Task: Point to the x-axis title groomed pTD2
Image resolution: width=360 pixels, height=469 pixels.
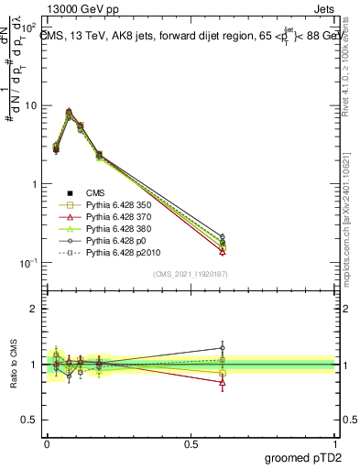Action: [302, 458]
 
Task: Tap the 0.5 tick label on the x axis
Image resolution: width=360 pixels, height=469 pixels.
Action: [191, 442]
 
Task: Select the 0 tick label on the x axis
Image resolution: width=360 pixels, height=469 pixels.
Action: [47, 442]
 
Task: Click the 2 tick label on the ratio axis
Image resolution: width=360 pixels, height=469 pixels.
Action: [33, 309]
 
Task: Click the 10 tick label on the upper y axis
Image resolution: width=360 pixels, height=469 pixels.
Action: [29, 105]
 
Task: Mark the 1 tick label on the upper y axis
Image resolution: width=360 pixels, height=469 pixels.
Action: [33, 184]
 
